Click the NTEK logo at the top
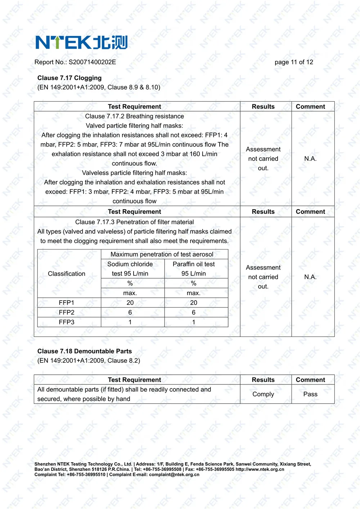pos(81,42)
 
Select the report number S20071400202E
pos(92,62)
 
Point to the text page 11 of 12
pos(294,62)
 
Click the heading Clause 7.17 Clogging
pos(69,78)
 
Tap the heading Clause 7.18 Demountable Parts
pos(85,351)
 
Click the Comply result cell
pos(263,394)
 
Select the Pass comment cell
pos(310,394)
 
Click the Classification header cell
pos(67,274)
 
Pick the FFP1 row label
pos(67,303)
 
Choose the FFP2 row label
pos(67,312)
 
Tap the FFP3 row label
pos(67,322)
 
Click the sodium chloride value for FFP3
pos(130,322)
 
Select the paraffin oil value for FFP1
pos(194,303)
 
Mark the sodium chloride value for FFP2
pos(130,312)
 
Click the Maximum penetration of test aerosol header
pos(162,254)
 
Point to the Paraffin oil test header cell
pos(194,269)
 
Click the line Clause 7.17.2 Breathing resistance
pos(134,116)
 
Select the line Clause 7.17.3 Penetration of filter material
pos(134,222)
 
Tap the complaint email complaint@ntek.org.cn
pos(174,474)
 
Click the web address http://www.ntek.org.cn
pos(260,469)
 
